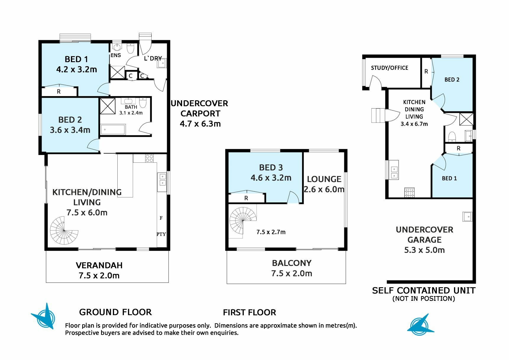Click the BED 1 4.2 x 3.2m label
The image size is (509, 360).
click(x=77, y=64)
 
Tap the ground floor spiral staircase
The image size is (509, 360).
click(x=64, y=230)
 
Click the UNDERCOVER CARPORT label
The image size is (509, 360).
click(x=200, y=114)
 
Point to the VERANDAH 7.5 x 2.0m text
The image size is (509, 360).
click(x=99, y=270)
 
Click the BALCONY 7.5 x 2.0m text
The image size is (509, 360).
click(x=292, y=268)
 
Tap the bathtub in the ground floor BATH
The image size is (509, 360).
click(x=113, y=130)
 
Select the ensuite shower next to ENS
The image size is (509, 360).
click(x=117, y=72)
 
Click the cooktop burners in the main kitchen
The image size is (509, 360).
click(x=149, y=158)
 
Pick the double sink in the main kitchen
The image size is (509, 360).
click(x=162, y=180)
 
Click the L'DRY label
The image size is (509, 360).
click(x=153, y=59)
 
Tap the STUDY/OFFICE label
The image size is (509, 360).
click(x=389, y=68)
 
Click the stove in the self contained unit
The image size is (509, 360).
click(x=409, y=193)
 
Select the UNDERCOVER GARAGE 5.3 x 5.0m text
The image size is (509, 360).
click(x=424, y=240)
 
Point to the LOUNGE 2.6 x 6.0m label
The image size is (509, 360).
click(x=324, y=184)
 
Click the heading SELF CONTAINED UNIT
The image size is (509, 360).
click(x=424, y=290)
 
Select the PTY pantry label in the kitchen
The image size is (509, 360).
click(x=161, y=234)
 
